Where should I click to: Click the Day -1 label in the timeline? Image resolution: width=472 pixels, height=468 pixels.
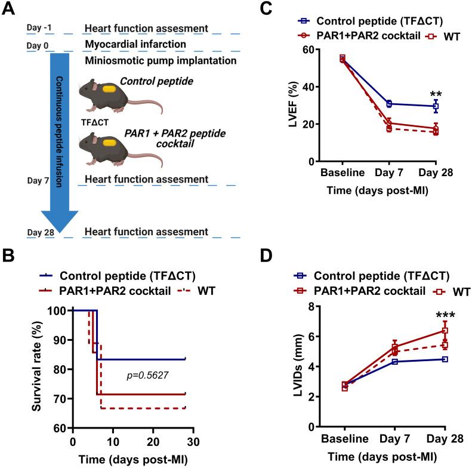pos(39,27)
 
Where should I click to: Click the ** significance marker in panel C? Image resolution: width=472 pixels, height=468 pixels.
pos(436,95)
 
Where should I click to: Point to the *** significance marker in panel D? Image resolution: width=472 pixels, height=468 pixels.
pos(444,316)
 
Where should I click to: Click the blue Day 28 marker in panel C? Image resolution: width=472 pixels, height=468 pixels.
pos(436,106)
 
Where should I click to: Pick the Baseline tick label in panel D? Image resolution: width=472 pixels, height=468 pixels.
pos(344,439)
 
